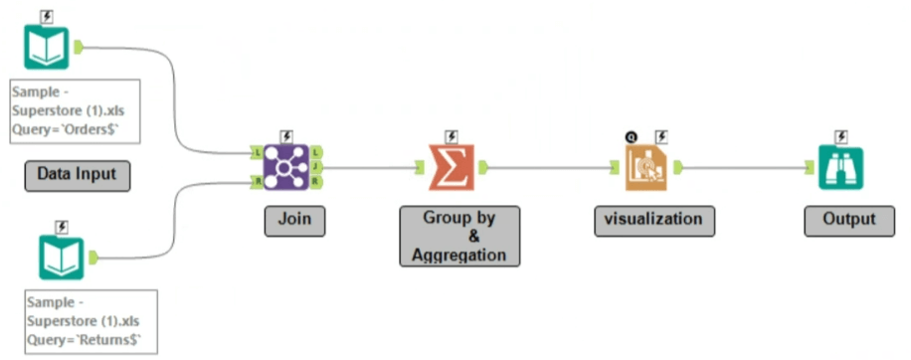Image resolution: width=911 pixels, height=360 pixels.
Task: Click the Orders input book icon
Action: (x=47, y=48)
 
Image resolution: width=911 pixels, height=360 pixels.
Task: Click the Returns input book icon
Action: (x=62, y=258)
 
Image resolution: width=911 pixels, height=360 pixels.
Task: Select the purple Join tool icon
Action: (x=285, y=167)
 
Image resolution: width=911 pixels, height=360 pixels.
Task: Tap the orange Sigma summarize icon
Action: (x=452, y=167)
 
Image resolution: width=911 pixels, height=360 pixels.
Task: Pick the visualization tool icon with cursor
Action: (x=646, y=168)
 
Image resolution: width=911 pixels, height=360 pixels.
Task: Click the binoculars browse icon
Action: (x=840, y=168)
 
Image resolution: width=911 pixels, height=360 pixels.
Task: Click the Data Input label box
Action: (x=78, y=176)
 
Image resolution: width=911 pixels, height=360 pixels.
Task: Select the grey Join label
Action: (x=294, y=221)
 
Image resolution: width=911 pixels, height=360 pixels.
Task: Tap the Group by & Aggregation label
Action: (x=459, y=237)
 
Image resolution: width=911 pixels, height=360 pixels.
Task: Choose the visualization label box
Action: (x=654, y=221)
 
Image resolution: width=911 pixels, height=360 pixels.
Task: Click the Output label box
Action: (x=849, y=221)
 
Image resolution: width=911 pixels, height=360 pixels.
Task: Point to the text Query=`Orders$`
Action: (x=66, y=130)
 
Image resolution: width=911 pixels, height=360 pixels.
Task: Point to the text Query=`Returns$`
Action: (x=85, y=341)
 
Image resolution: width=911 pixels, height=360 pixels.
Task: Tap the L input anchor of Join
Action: (x=257, y=152)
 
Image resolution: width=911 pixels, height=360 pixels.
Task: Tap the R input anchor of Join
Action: (x=257, y=182)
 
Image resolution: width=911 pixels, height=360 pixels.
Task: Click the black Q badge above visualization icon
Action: (x=631, y=137)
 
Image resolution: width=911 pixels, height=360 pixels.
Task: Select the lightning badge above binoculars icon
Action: (x=840, y=137)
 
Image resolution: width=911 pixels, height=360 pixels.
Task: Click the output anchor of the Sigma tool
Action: (x=483, y=167)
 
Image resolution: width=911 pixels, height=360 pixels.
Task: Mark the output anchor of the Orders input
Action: (x=79, y=48)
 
